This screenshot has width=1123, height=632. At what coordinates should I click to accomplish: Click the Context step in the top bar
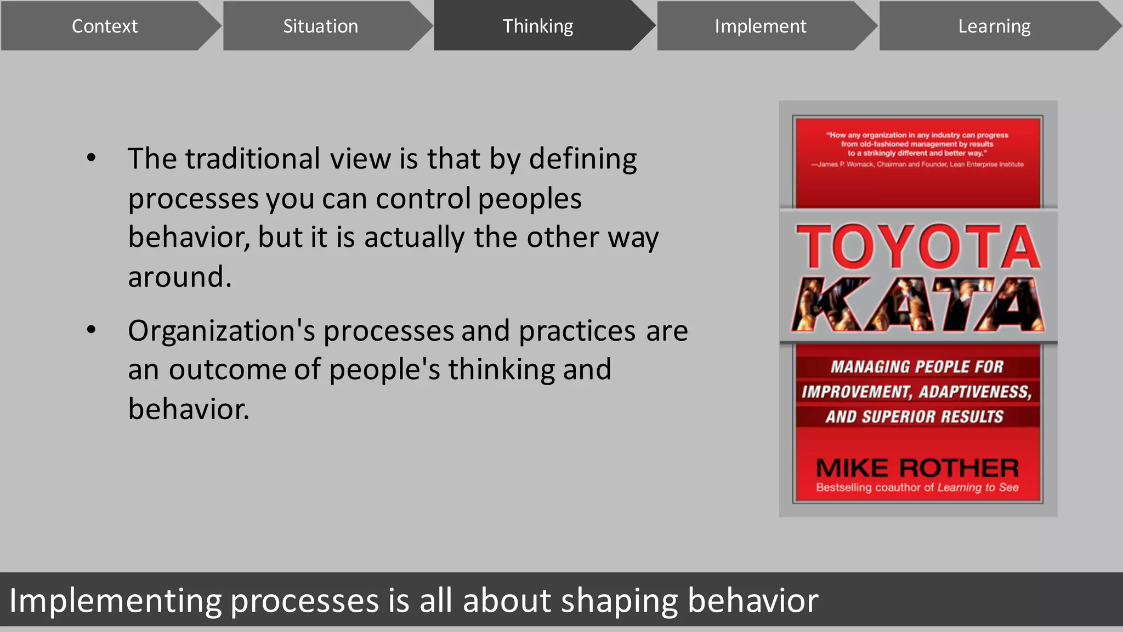coord(104,26)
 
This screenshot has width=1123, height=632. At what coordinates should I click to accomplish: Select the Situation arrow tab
coord(320,26)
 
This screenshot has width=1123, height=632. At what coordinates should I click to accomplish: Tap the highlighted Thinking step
coord(537,26)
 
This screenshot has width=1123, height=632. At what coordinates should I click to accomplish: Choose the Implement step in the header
coord(760,26)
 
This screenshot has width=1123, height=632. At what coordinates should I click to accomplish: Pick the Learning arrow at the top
coord(994,26)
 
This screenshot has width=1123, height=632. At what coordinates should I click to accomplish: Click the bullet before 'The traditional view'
coord(92,159)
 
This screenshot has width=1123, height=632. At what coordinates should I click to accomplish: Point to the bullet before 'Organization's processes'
coord(92,330)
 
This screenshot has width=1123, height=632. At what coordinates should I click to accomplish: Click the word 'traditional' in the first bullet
coord(252,159)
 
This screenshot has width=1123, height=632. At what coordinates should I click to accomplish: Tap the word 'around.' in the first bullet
coord(180,276)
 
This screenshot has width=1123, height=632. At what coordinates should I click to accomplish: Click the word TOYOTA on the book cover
coord(918,247)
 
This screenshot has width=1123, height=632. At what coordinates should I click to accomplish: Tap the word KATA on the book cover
coord(918,305)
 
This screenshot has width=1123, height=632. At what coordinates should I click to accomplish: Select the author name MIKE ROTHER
coord(917,468)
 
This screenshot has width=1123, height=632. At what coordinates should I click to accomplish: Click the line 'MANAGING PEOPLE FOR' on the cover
coord(917,366)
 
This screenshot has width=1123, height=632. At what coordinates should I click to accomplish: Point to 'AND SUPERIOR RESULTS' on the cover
coord(915,416)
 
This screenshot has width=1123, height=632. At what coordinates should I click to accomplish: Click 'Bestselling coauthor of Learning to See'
coord(917,487)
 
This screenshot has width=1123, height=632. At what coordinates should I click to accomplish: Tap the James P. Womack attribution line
coord(917,164)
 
